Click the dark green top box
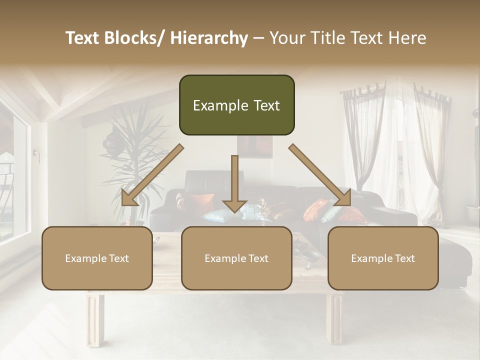tap(236, 105)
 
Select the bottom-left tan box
tap(97, 258)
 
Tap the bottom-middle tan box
tap(236, 258)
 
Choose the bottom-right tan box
tap(383, 258)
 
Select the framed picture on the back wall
tap(255, 145)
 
